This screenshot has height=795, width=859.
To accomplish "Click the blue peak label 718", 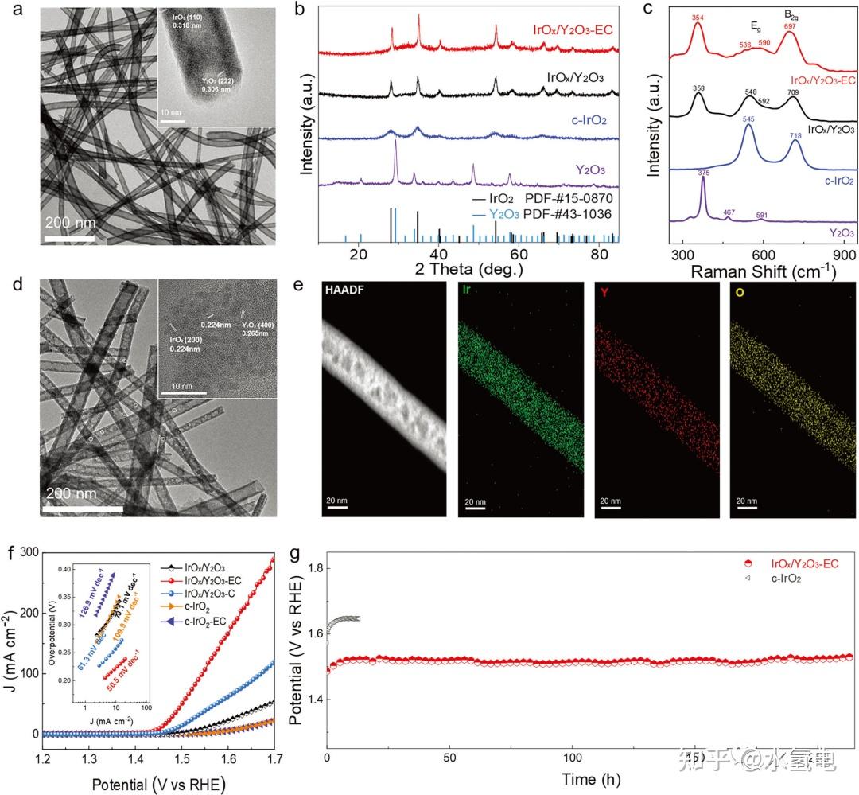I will pos(796,114).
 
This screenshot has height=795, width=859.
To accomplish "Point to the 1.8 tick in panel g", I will pos(307,568).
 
